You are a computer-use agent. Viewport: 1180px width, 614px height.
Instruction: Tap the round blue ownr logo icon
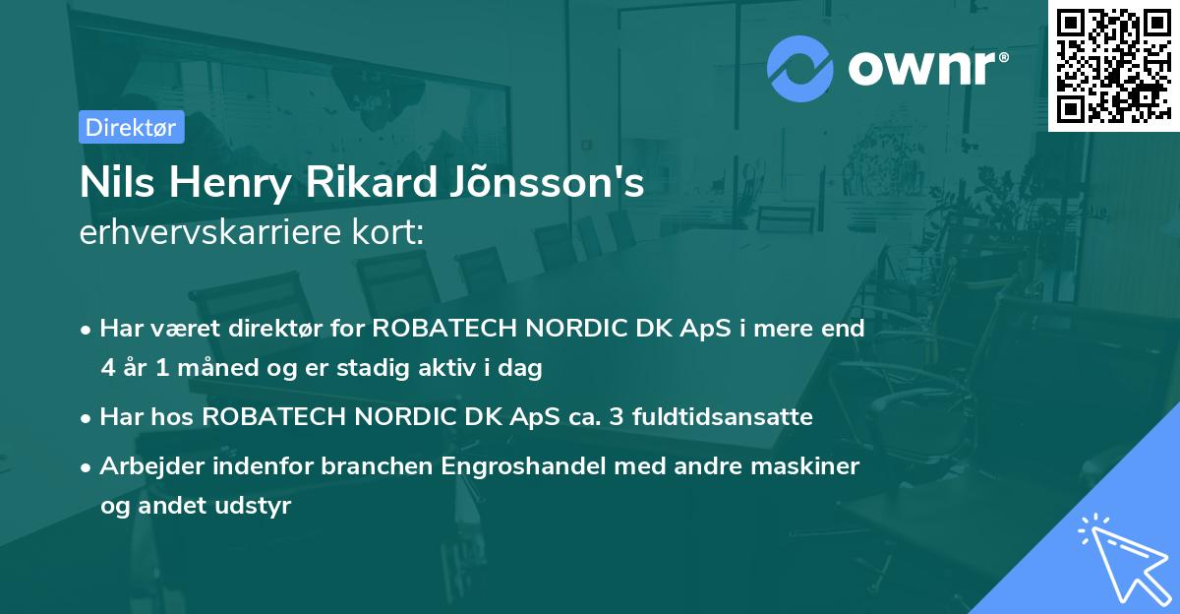tap(799, 69)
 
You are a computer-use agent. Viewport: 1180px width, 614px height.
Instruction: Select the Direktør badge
tap(131, 127)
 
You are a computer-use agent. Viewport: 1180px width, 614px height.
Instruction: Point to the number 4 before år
tap(107, 369)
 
